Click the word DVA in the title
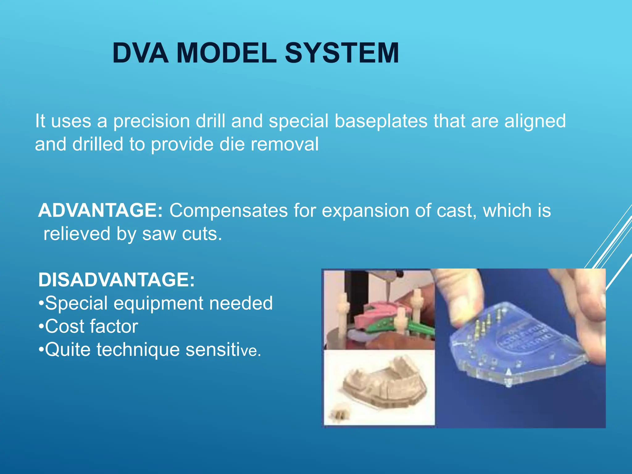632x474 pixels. pyautogui.click(x=140, y=53)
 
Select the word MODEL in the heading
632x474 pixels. pyautogui.click(x=227, y=53)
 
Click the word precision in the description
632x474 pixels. pyautogui.click(x=151, y=121)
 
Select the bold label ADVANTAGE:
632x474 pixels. pyautogui.click(x=100, y=210)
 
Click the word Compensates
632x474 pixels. pyautogui.click(x=228, y=210)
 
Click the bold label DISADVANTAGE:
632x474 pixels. pyautogui.click(x=116, y=280)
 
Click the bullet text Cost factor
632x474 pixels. pyautogui.click(x=91, y=326)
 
